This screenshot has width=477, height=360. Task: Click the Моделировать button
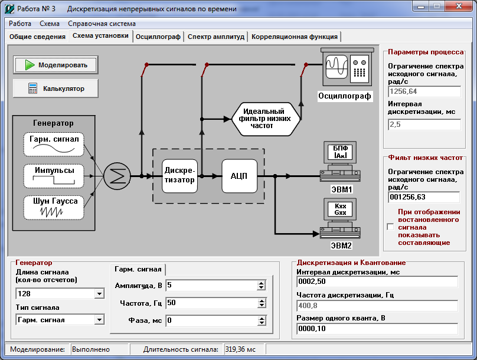tap(55, 65)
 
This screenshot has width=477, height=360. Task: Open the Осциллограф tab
tap(158, 37)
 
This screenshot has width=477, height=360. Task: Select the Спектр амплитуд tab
tap(216, 37)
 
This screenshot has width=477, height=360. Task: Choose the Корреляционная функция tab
tap(295, 37)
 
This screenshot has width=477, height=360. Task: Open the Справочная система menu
tap(102, 24)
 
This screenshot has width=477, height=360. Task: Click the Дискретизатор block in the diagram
tap(179, 176)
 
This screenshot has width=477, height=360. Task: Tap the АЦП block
tap(240, 176)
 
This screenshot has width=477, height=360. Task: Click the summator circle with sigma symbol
tap(117, 176)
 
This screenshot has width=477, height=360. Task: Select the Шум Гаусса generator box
tap(54, 207)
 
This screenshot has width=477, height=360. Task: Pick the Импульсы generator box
tap(54, 176)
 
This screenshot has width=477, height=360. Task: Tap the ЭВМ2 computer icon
tap(340, 219)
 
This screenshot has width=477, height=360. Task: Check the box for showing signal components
tap(390, 227)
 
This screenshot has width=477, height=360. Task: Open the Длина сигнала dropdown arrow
tap(99, 294)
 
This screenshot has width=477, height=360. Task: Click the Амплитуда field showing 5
tap(212, 285)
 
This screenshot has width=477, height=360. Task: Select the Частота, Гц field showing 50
tap(212, 303)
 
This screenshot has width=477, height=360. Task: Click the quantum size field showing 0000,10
tap(377, 329)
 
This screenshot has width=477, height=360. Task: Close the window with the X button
tap(459, 6)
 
